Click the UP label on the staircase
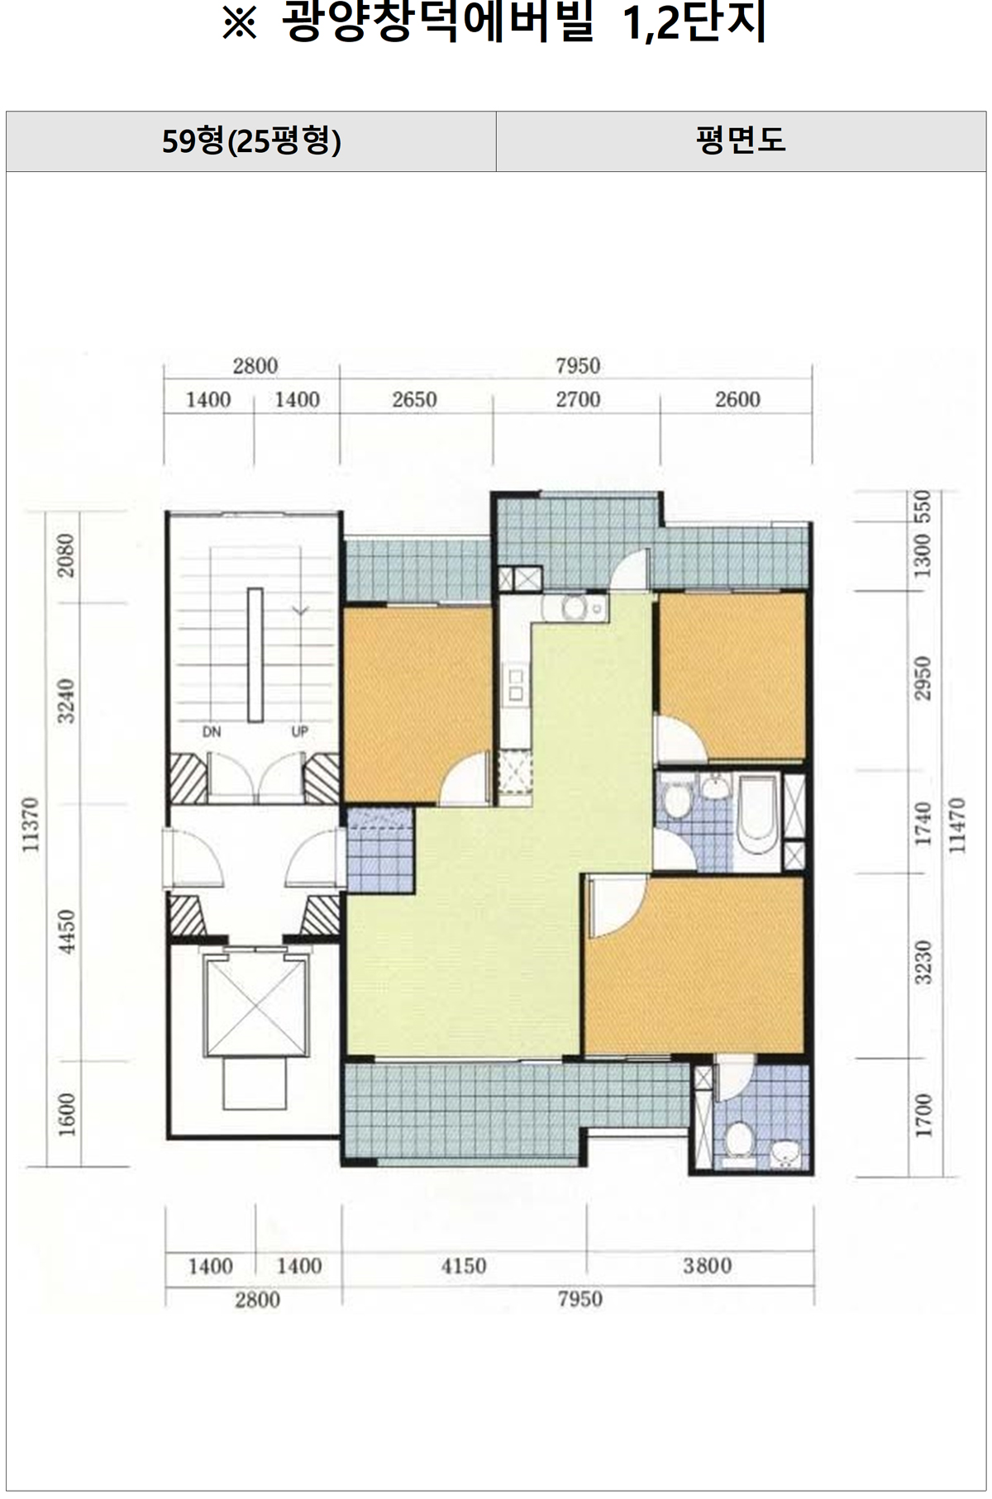click(299, 731)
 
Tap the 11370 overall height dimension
click(31, 823)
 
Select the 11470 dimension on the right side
click(958, 825)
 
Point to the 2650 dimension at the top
click(414, 400)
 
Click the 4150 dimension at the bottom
click(463, 1266)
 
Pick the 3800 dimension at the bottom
click(708, 1266)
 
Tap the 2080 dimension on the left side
click(67, 555)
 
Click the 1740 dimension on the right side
click(923, 823)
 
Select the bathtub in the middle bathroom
click(758, 815)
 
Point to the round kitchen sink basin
click(573, 608)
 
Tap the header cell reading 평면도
click(741, 141)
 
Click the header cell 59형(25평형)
click(251, 141)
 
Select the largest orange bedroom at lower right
click(694, 964)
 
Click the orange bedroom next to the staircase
click(417, 704)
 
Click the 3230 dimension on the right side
click(923, 963)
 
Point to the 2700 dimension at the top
click(578, 400)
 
